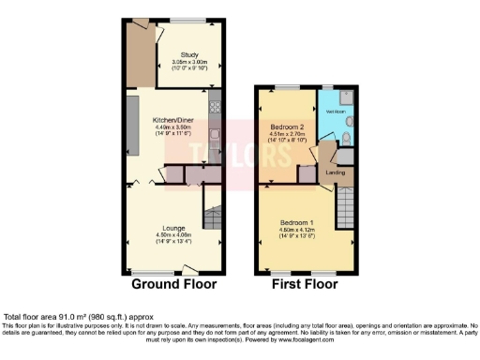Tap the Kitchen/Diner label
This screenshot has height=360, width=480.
[x=173, y=120]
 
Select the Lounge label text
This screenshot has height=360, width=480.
[x=173, y=228]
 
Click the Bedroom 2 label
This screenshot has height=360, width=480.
[x=289, y=127]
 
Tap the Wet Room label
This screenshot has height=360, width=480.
[x=334, y=111]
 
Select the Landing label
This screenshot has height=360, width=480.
[x=336, y=172]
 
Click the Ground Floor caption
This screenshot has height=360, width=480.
[x=173, y=283]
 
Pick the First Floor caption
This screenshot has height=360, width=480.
[x=307, y=283]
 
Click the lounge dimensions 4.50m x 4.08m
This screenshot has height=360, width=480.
[x=173, y=234]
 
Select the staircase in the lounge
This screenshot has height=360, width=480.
[x=215, y=222]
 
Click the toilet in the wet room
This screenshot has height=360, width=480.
[x=347, y=141]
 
